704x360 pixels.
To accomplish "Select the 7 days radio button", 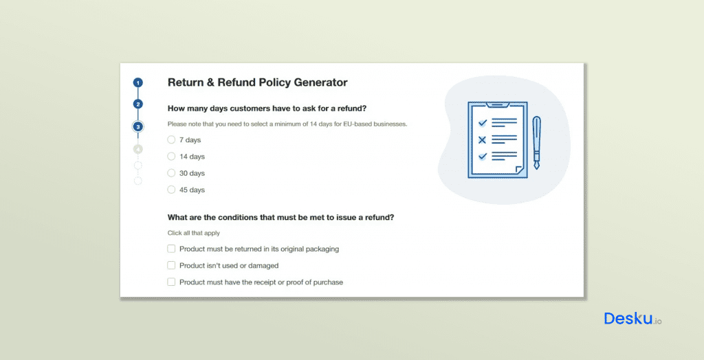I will [171, 139].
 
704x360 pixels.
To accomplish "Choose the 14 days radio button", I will [171, 157].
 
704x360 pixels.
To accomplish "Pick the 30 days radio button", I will [171, 173].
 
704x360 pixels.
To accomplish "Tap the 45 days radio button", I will [171, 190].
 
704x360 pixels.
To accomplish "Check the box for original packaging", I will [171, 249].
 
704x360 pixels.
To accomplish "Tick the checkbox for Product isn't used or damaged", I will [171, 265].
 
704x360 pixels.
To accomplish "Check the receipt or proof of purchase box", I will [171, 282].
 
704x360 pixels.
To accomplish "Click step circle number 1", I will [138, 82].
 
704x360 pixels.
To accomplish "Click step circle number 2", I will [138, 104].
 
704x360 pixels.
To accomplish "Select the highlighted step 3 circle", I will [138, 126].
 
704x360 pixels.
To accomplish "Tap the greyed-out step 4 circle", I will [138, 148].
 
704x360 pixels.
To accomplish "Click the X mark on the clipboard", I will [482, 139].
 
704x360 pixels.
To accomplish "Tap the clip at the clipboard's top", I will [496, 105].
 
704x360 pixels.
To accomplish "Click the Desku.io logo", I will [632, 319].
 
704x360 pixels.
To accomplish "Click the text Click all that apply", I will [194, 233].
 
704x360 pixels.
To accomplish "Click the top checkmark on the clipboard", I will [482, 122].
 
